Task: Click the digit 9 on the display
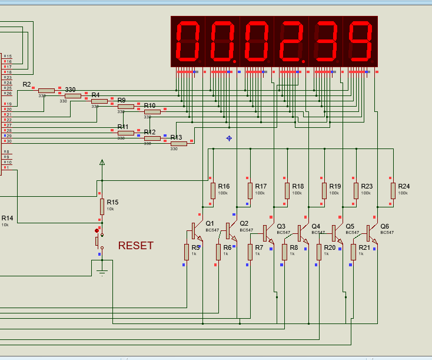[x=360, y=42]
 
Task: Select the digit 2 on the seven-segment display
[x=291, y=42]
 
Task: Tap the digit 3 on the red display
[x=325, y=42]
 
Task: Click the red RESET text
[x=135, y=246]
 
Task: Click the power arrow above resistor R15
[x=102, y=161]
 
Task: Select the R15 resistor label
[x=112, y=202]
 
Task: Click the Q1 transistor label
[x=210, y=223]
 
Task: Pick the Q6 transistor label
[x=384, y=226]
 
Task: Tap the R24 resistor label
[x=404, y=186]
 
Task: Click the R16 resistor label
[x=224, y=186]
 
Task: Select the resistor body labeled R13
[x=178, y=143]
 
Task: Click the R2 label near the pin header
[x=27, y=85]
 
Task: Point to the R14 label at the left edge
[x=7, y=218]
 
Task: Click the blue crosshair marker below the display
[x=229, y=138]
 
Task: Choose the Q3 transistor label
[x=281, y=226]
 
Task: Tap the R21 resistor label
[x=365, y=247]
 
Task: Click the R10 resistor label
[x=149, y=105]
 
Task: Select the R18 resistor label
[x=298, y=186]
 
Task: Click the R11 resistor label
[x=123, y=127]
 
